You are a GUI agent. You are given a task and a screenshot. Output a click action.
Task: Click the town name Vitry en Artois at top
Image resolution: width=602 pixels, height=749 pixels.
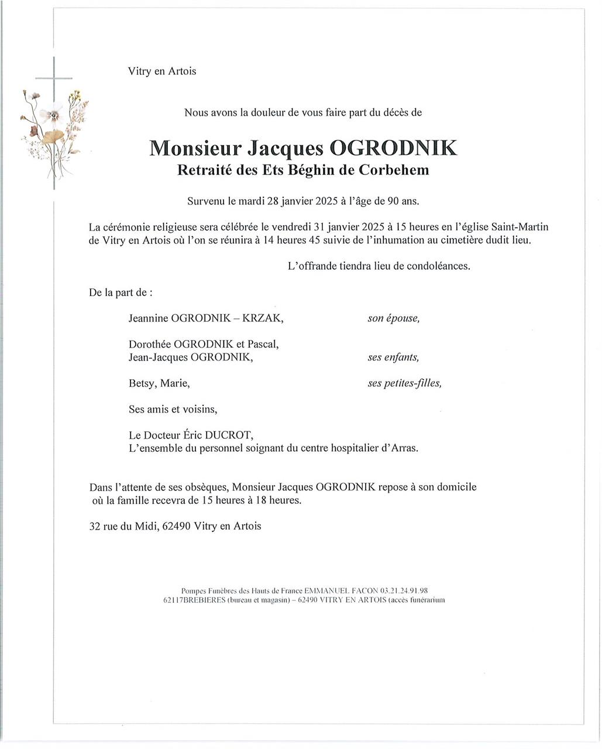(x=162, y=71)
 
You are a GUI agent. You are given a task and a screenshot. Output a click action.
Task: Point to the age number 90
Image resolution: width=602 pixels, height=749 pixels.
(x=393, y=201)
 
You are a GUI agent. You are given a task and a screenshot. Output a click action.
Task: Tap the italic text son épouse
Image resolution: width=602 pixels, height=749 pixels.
(x=393, y=318)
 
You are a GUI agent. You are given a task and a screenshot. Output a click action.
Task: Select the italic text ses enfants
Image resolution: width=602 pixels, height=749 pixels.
(x=393, y=357)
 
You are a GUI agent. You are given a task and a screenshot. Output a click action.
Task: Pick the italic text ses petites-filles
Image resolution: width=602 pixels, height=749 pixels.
(x=404, y=383)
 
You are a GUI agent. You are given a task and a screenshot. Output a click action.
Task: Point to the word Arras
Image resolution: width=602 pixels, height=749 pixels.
(x=403, y=448)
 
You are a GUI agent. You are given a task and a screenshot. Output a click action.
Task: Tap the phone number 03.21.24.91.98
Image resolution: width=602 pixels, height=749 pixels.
(x=404, y=591)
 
